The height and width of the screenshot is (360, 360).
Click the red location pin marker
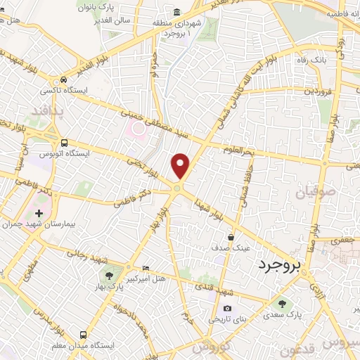[x=181, y=166]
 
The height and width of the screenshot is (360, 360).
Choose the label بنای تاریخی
[x=226, y=319]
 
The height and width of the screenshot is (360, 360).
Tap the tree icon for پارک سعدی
[x=281, y=304]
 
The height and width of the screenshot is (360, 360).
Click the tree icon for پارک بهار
[x=108, y=275]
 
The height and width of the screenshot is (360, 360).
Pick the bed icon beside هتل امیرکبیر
[x=146, y=268]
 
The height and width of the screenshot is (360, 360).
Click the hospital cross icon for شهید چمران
[x=38, y=212]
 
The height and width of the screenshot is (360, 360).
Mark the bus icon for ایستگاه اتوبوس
[x=64, y=141]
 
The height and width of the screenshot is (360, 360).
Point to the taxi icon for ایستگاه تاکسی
[x=64, y=79]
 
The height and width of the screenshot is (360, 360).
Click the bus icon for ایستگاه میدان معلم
[x=83, y=335]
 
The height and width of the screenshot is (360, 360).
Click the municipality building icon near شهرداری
[x=176, y=12]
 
